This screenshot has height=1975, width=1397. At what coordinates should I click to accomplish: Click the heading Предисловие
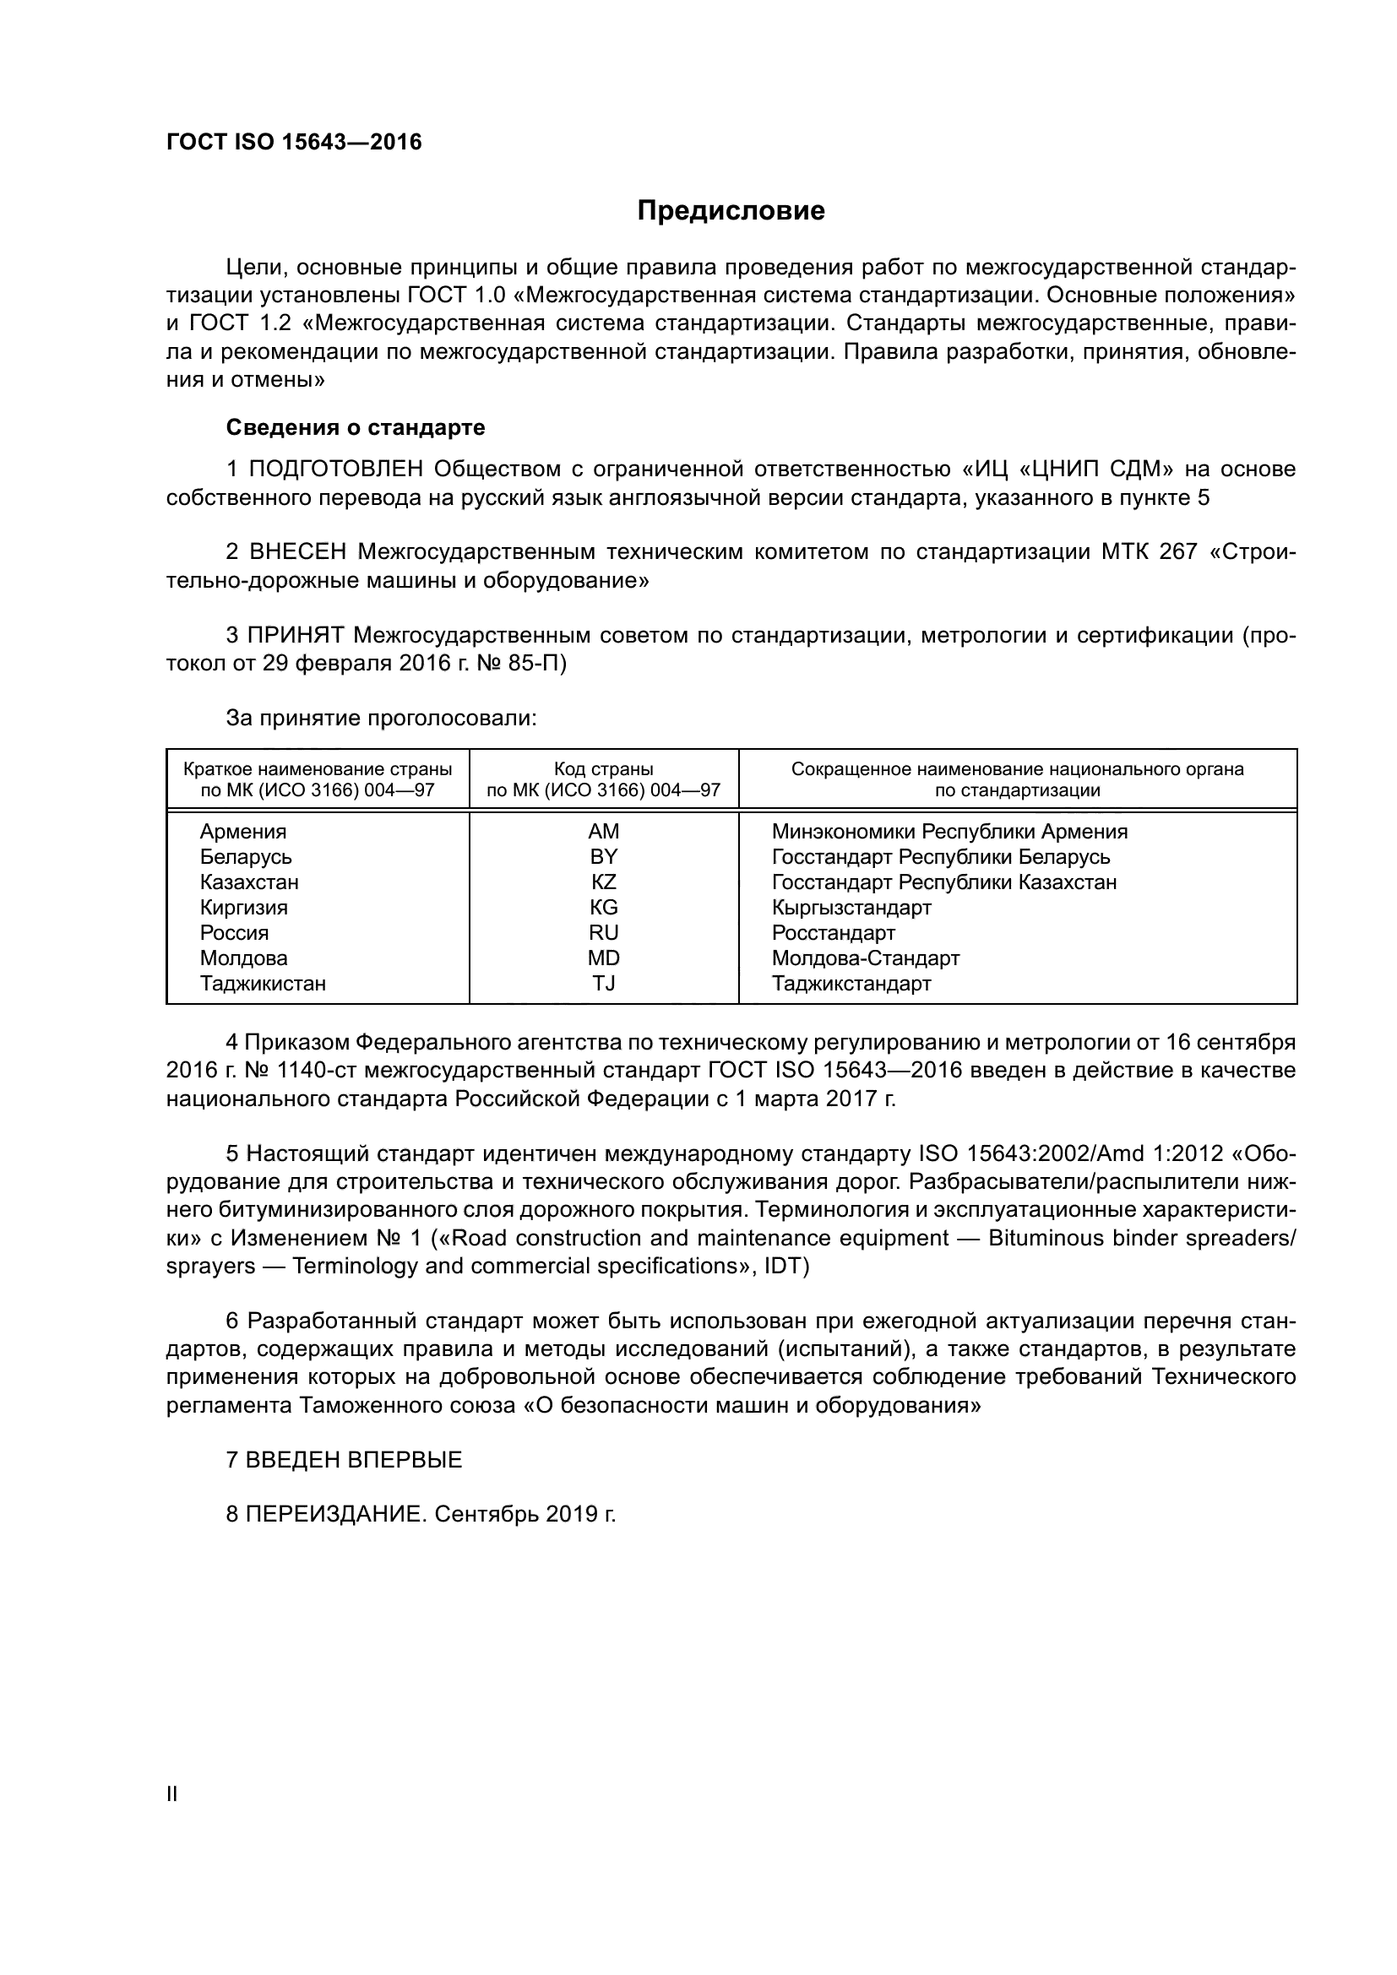(731, 211)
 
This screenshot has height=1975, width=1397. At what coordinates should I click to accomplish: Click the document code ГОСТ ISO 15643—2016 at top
(294, 142)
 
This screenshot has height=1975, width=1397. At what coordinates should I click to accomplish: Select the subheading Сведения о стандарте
(356, 427)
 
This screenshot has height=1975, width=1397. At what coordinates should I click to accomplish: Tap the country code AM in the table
(603, 831)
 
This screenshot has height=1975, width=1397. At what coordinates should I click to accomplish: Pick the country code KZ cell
(603, 882)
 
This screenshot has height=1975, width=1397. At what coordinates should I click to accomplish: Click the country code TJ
(603, 983)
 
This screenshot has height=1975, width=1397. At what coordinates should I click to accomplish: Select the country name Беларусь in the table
(245, 857)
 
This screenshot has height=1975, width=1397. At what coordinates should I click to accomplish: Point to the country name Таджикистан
(263, 983)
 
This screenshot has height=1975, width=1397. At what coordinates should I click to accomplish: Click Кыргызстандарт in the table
(851, 908)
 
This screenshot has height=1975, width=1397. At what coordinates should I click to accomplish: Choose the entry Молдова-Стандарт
(866, 958)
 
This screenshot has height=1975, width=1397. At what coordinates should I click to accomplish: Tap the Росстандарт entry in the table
(833, 932)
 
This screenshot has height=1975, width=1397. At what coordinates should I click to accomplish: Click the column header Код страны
(603, 769)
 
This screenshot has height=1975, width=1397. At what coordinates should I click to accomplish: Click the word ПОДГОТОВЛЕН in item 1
(335, 469)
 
